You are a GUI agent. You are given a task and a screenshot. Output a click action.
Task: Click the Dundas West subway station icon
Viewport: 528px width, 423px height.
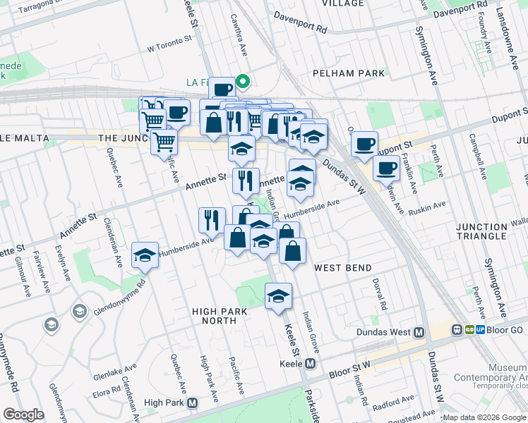[x=419, y=333]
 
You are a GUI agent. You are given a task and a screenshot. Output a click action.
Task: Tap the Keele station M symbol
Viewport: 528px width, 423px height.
[x=309, y=364]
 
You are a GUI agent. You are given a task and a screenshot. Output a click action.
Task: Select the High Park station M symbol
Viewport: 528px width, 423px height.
[x=191, y=403]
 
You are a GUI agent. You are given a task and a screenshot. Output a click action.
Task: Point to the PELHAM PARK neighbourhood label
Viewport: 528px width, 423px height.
[x=350, y=73]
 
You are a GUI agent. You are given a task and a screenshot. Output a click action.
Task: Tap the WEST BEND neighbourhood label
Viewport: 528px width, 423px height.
[x=342, y=268]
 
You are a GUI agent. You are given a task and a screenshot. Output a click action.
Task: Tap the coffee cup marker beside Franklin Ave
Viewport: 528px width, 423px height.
[x=386, y=168]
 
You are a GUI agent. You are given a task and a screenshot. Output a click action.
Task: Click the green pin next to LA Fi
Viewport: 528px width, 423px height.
[x=242, y=82]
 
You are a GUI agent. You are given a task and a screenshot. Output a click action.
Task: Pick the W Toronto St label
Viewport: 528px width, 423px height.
[x=169, y=44]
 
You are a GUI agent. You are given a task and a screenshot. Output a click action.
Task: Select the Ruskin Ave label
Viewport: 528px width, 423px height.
[x=429, y=205]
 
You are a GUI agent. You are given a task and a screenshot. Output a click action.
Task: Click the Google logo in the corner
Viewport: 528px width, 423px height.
[x=23, y=415]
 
